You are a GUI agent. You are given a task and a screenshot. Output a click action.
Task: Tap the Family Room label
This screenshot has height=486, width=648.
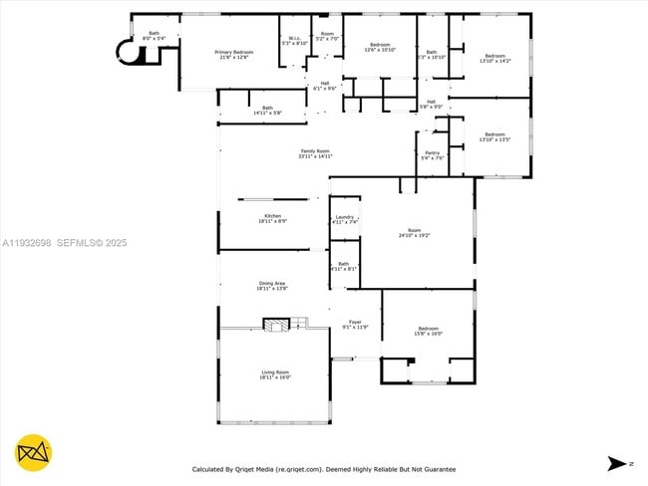point(315,154)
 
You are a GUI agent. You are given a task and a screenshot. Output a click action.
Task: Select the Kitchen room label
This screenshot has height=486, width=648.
point(273,218)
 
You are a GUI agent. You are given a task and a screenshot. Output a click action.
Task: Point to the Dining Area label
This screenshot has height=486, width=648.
point(272,287)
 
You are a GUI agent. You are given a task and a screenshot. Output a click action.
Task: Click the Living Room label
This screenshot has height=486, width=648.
point(274,374)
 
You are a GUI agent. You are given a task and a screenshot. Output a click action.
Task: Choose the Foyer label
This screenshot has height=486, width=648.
point(355,325)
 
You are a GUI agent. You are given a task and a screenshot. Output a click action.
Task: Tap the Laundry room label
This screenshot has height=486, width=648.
point(346,219)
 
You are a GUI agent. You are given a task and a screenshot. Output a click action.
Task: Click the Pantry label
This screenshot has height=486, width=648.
point(433,155)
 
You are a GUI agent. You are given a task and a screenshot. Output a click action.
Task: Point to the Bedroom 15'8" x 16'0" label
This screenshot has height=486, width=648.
point(429,331)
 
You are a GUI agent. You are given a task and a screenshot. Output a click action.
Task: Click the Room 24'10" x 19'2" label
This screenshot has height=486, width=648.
point(414,233)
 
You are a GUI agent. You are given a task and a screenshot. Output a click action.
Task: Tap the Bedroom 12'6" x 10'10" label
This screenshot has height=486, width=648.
point(380,47)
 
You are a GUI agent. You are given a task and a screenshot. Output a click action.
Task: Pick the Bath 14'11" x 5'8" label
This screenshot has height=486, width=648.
point(267,111)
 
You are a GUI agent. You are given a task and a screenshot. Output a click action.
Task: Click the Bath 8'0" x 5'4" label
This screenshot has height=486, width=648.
point(155,36)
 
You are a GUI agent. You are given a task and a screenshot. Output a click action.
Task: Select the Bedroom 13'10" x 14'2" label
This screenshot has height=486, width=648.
point(495,58)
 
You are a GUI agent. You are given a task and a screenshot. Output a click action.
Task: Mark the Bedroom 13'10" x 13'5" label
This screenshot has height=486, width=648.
point(495,137)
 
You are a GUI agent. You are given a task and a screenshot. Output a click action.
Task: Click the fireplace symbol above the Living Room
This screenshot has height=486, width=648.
point(275,324)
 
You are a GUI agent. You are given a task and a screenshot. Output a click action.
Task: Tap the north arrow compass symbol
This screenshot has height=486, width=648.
point(615,462)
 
